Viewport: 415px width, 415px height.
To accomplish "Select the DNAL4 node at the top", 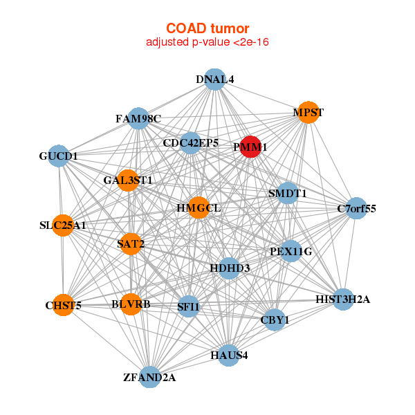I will click(x=215, y=80).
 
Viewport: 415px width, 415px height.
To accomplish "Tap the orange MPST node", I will click(x=308, y=112).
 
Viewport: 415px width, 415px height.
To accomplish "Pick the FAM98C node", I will click(x=138, y=119).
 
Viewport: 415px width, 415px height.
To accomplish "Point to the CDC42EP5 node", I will click(x=191, y=143).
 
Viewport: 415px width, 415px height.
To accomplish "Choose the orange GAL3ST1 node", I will click(x=128, y=181).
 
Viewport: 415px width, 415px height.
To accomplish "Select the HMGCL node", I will click(x=198, y=207).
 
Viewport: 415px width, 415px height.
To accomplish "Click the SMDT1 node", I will click(x=287, y=194).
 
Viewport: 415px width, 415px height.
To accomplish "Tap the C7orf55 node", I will click(x=356, y=208).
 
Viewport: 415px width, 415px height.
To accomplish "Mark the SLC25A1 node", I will click(x=63, y=225).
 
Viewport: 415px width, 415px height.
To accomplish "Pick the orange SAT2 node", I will click(x=131, y=243).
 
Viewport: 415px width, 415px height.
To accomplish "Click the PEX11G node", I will click(x=291, y=252).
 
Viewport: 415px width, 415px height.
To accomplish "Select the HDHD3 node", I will click(x=230, y=268).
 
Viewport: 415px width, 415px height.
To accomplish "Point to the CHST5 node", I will click(x=64, y=305).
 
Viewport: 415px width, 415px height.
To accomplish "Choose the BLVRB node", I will click(x=131, y=304).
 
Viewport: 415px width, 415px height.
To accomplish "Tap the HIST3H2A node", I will click(x=343, y=299).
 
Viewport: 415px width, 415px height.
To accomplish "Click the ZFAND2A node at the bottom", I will click(x=150, y=378).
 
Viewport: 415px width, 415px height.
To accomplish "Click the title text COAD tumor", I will click(x=207, y=28).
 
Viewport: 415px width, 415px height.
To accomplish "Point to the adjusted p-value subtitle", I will click(x=207, y=42).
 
